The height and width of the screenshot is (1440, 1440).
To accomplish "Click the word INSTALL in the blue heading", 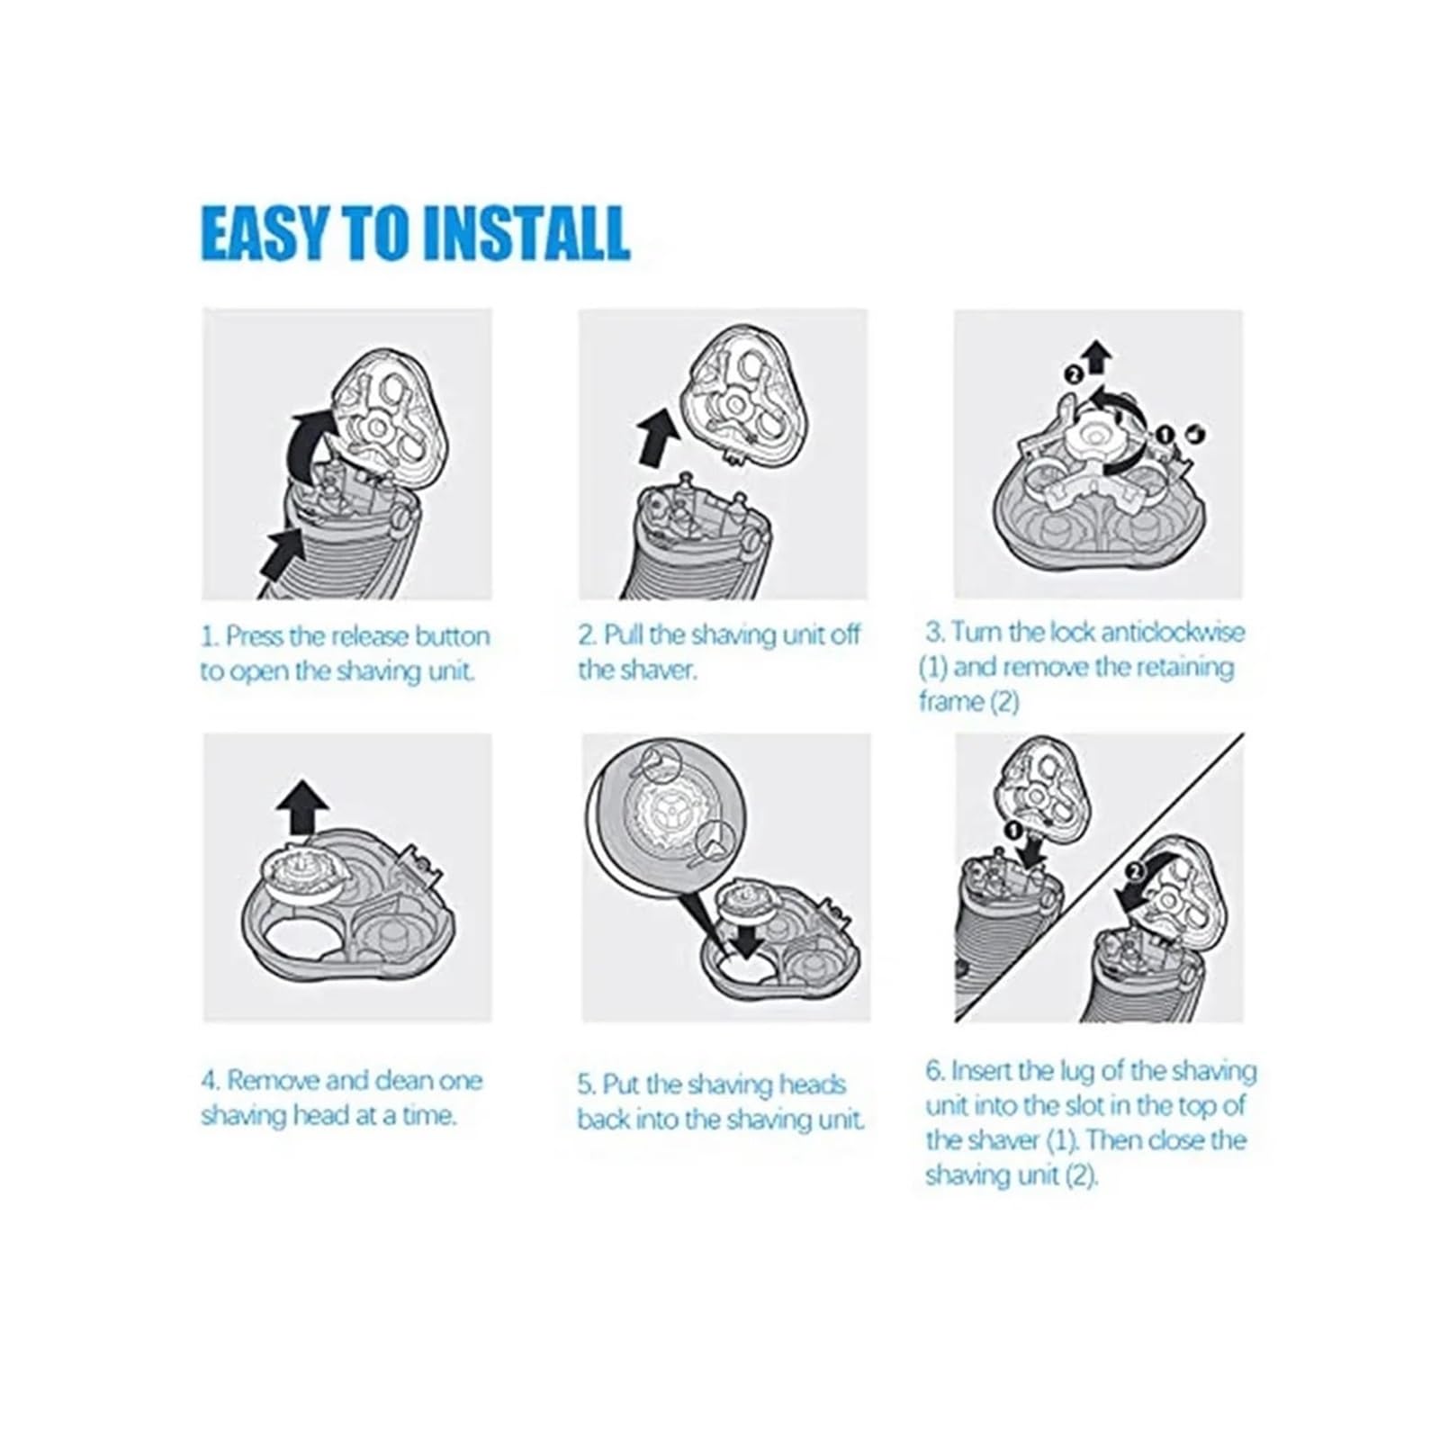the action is coord(526,233).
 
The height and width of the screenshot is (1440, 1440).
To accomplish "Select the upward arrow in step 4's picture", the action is coord(302,807).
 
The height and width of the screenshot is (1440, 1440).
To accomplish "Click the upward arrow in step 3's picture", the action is coord(1096,357).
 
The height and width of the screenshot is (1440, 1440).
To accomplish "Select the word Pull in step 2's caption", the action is coord(622,635).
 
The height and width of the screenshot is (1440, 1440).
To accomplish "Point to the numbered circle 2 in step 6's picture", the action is coord(1136,870).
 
